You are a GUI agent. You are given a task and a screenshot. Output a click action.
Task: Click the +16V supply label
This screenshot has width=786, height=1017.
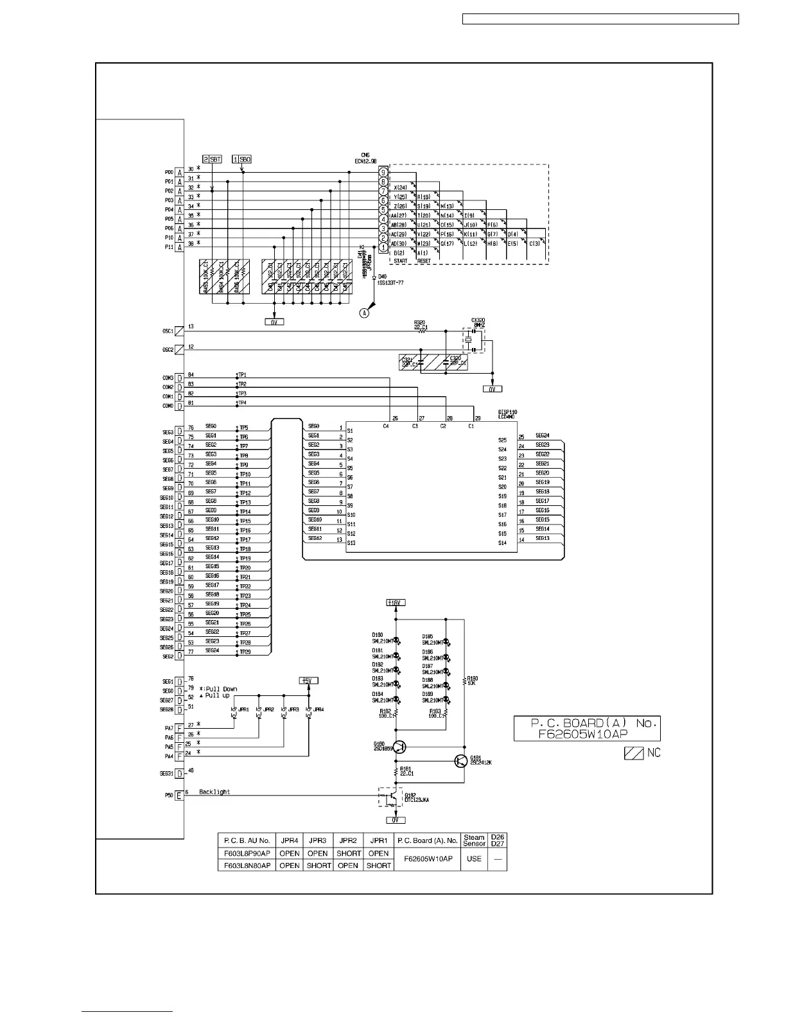(396, 602)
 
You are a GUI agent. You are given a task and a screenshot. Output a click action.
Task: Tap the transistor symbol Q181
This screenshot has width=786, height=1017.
(460, 761)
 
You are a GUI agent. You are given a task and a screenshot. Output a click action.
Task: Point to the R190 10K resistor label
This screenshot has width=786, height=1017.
(473, 681)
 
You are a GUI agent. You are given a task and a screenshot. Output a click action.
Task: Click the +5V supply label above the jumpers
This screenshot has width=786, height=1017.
(309, 681)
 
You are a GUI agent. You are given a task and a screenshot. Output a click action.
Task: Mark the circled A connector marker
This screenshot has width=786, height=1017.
(365, 314)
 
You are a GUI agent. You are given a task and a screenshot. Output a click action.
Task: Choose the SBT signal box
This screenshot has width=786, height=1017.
(213, 159)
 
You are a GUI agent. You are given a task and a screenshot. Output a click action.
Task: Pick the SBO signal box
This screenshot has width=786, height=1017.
(242, 159)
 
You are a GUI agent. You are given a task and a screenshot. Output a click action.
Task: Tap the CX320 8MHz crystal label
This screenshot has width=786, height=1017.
(478, 322)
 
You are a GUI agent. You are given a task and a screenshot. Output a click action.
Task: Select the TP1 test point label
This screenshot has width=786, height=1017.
(242, 375)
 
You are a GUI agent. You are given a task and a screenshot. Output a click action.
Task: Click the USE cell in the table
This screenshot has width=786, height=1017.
(474, 859)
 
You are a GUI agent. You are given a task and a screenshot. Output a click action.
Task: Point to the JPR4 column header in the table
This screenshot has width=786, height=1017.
(290, 840)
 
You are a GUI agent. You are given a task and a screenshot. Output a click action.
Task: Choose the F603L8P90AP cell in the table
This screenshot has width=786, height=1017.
(247, 853)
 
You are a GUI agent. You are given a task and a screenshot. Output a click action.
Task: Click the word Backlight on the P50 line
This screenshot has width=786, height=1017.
(214, 792)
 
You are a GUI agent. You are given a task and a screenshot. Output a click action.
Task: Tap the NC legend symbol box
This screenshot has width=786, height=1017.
(634, 752)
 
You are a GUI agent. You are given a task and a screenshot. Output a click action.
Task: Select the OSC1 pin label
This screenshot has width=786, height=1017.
(168, 331)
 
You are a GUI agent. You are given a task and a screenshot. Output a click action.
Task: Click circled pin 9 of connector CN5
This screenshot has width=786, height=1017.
(383, 173)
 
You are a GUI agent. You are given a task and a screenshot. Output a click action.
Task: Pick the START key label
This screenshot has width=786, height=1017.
(401, 261)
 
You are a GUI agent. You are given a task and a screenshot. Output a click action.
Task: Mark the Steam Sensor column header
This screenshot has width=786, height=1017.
(474, 840)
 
